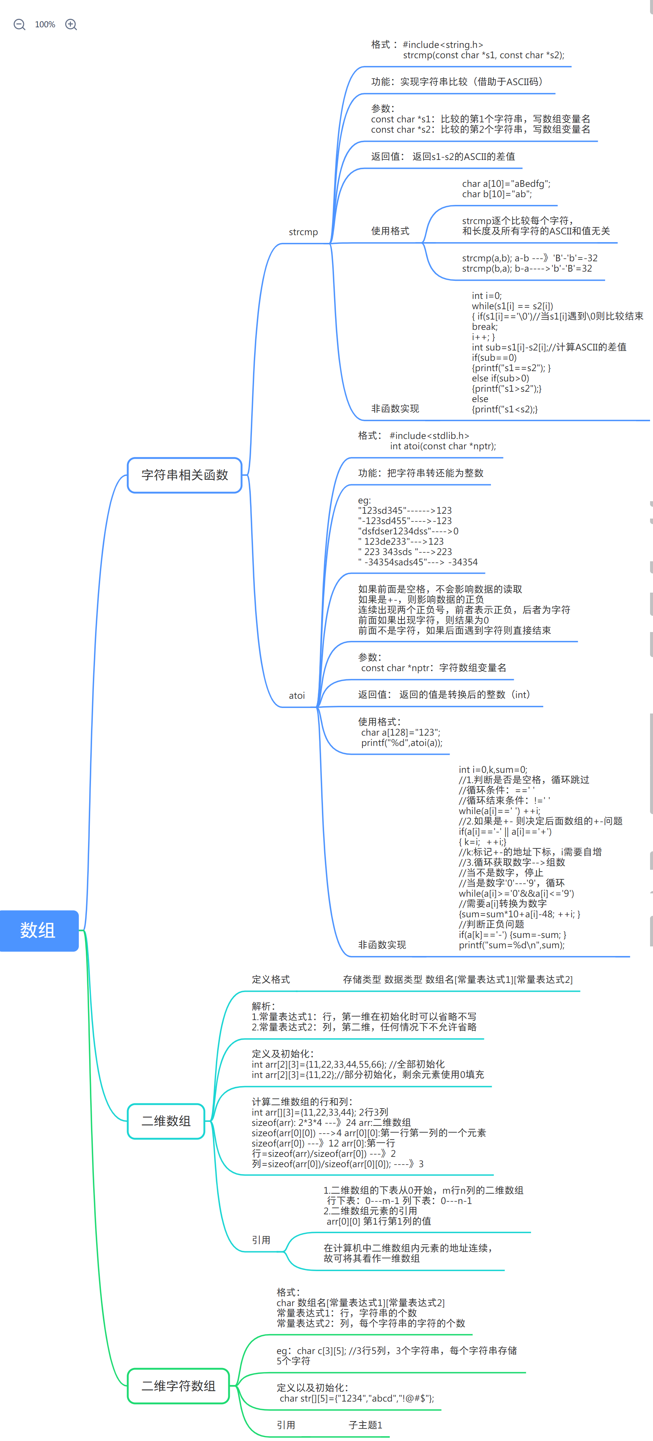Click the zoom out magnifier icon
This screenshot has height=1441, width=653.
[x=20, y=25]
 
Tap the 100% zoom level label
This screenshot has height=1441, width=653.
[x=45, y=25]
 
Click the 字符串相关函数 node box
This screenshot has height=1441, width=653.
[x=185, y=475]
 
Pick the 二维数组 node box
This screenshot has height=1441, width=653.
[x=166, y=1121]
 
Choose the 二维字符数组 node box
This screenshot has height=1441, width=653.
[x=178, y=1386]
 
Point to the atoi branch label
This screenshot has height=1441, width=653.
[x=297, y=696]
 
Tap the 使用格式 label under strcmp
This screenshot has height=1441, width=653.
[x=390, y=231]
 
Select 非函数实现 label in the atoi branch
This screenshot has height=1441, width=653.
[x=382, y=945]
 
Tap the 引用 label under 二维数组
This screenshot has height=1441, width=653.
[x=261, y=1240]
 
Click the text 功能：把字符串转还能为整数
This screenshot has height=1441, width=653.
[x=421, y=473]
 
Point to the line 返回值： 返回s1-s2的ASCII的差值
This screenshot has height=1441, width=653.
[x=443, y=157]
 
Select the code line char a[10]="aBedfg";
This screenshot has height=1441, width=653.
[x=506, y=184]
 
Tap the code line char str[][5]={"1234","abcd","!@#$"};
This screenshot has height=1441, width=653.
[x=357, y=1398]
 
